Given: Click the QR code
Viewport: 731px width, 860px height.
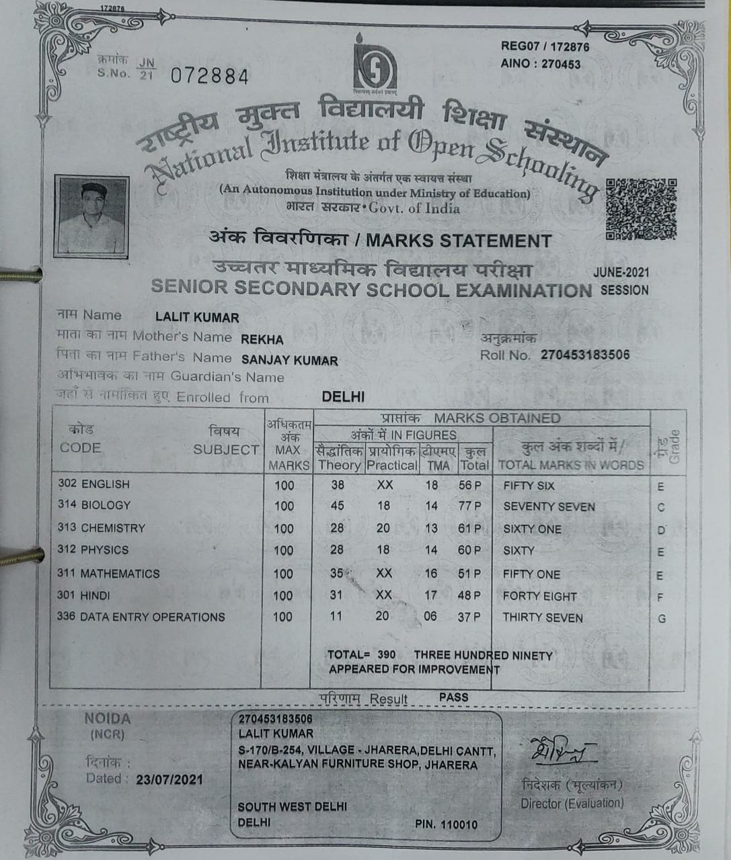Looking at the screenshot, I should click(x=640, y=209).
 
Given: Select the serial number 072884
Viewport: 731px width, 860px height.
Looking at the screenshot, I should click(x=209, y=77).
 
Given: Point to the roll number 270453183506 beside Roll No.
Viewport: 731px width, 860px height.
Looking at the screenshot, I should click(x=585, y=354).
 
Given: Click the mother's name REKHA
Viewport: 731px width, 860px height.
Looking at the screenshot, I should click(x=262, y=339).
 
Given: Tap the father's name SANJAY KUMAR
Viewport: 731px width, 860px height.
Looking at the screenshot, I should click(x=290, y=360).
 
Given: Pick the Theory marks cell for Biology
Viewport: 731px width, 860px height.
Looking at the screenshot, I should click(x=337, y=505).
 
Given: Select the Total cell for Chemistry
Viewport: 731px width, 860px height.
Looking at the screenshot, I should click(x=469, y=529).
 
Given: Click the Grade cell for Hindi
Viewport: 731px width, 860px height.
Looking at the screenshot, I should click(x=660, y=597).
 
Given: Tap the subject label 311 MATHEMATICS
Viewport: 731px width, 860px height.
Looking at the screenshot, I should click(x=109, y=574).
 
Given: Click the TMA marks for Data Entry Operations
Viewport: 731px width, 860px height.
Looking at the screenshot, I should click(x=430, y=616).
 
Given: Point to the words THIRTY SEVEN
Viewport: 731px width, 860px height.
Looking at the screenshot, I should click(x=543, y=617).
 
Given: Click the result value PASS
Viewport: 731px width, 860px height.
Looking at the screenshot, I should click(x=453, y=697).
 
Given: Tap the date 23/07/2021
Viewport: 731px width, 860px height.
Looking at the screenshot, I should click(x=169, y=780).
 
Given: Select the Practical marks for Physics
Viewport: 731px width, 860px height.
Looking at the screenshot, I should click(x=383, y=550).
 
